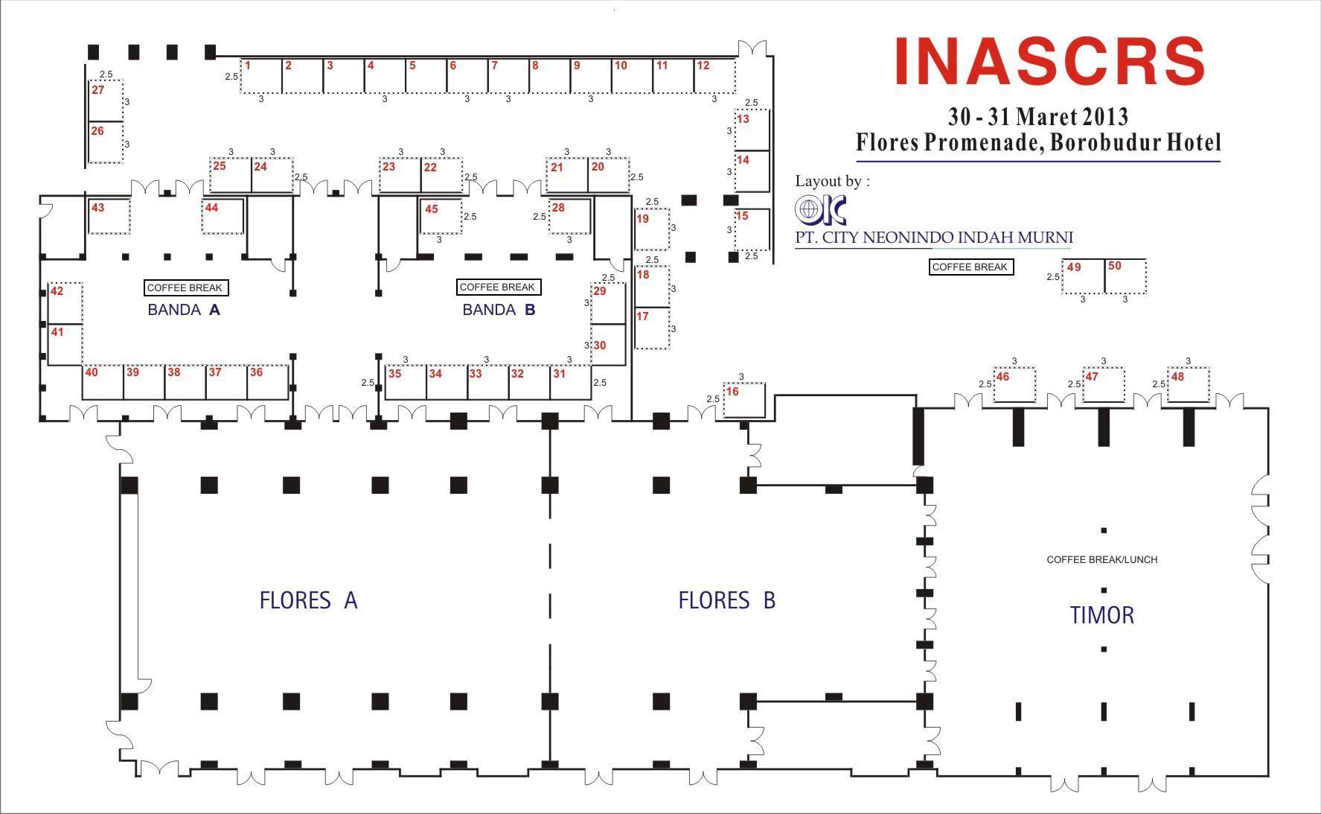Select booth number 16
pyautogui.click(x=744, y=400)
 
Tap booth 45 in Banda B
pyautogui.click(x=441, y=216)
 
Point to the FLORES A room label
pyautogui.click(x=308, y=600)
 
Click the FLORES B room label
pyautogui.click(x=726, y=600)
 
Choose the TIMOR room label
pyautogui.click(x=1102, y=615)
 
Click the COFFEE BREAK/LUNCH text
pyautogui.click(x=1102, y=559)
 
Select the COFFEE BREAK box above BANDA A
pyautogui.click(x=185, y=287)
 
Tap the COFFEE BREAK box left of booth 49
pyautogui.click(x=970, y=267)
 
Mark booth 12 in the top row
pyautogui.click(x=714, y=76)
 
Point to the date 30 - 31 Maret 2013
pyautogui.click(x=1038, y=116)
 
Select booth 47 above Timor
pyautogui.click(x=1103, y=385)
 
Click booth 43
pyautogui.click(x=109, y=216)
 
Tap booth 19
pyautogui.click(x=652, y=229)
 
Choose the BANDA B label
pyautogui.click(x=499, y=310)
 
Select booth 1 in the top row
pyautogui.click(x=261, y=76)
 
